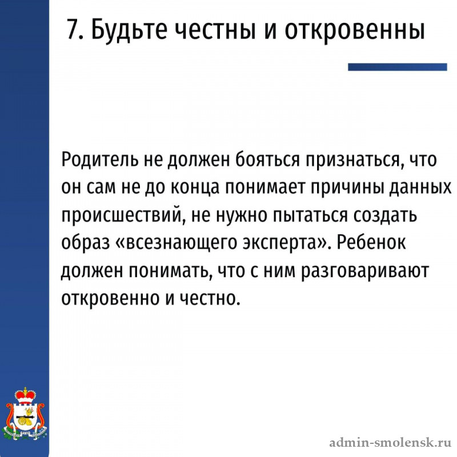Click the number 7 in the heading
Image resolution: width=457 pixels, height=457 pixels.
tap(71, 29)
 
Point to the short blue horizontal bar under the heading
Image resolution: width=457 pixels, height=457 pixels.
tap(397, 67)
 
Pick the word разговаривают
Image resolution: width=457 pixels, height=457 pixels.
tap(364, 271)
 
